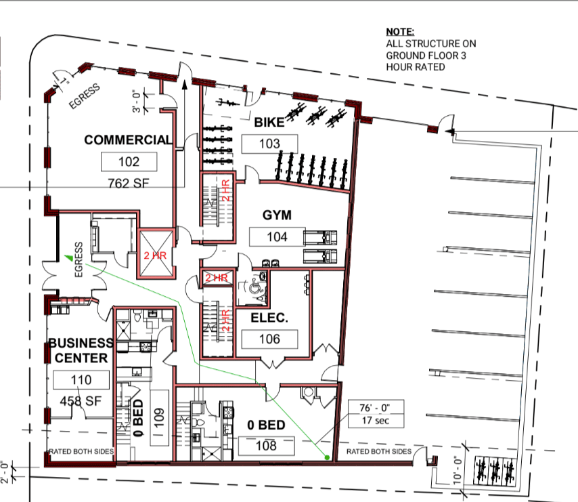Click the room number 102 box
[129, 161]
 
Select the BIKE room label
[269, 123]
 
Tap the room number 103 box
[269, 144]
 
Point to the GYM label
[277, 215]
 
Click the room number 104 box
[277, 237]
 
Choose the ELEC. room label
[269, 318]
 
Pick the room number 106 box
[269, 339]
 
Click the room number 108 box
[266, 446]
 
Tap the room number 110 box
[81, 380]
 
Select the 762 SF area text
[129, 184]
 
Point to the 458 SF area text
[81, 401]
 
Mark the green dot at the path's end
[327, 458]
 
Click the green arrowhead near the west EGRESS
[68, 257]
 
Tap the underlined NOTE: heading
[400, 32]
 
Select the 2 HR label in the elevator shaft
[155, 255]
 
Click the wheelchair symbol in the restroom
[254, 286]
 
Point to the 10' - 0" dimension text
[458, 469]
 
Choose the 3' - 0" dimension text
[137, 101]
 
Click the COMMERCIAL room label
[129, 140]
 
